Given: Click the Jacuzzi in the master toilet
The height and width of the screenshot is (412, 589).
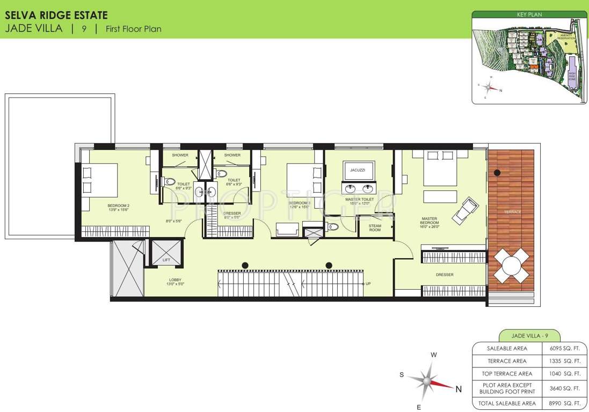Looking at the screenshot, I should click(x=358, y=170).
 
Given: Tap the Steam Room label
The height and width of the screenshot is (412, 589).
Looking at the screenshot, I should click(x=375, y=228).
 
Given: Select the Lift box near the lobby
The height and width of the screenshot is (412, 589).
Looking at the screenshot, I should click(x=166, y=253).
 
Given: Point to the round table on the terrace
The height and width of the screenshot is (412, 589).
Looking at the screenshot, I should click(x=512, y=267).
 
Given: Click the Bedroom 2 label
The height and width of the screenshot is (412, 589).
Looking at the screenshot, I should click(x=118, y=205).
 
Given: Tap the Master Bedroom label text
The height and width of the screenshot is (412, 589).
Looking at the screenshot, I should click(x=430, y=220).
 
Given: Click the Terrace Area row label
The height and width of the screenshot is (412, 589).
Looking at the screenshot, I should click(x=507, y=361).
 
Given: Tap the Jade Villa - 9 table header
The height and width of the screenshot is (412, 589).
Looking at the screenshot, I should click(x=529, y=336).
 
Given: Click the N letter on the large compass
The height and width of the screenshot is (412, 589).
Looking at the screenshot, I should click(x=459, y=389).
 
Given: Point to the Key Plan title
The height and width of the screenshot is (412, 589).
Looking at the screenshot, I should click(x=529, y=15).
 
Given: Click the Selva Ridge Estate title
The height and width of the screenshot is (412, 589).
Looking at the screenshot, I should click(x=56, y=16).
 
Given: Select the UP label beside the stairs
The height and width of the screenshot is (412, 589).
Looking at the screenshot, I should click(x=368, y=284).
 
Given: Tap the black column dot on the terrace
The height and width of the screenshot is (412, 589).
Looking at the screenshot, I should click(x=497, y=173).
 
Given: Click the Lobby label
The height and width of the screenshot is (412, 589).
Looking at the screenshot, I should click(x=175, y=279).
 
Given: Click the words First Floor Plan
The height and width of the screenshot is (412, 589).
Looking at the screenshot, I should click(x=134, y=29).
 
